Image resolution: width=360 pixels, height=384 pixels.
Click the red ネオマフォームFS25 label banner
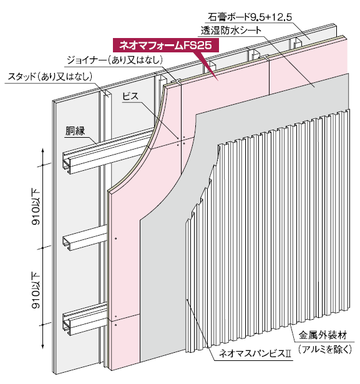[x=166, y=46]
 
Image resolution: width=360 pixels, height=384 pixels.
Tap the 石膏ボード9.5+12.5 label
[x=250, y=17]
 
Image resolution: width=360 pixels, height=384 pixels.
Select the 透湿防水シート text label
[x=231, y=31]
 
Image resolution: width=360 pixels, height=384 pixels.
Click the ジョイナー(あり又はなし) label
[x=115, y=60]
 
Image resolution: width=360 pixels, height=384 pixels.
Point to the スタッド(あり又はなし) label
[x=50, y=77]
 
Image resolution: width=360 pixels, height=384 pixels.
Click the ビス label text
[x=130, y=96]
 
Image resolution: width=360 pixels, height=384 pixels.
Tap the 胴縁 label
[x=75, y=131]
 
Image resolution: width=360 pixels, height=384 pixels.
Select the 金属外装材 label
[x=323, y=335]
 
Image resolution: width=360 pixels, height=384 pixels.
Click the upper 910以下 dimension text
[x=36, y=206]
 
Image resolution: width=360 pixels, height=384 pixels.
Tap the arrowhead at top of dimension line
[x=43, y=150]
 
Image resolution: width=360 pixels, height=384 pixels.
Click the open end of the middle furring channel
[x=67, y=243]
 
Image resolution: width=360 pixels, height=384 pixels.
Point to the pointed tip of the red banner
[x=218, y=80]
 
